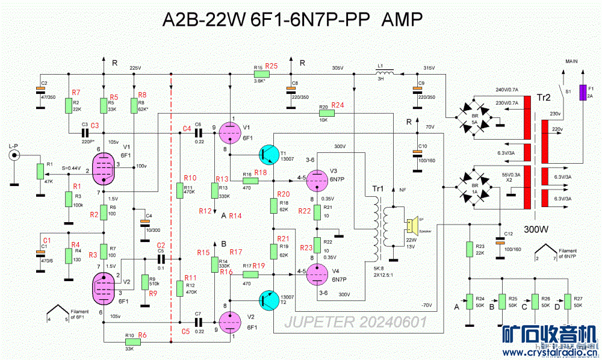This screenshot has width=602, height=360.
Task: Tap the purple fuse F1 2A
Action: pyautogui.click(x=582, y=93)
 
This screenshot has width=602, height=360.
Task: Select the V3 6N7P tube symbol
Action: pyautogui.click(x=317, y=178)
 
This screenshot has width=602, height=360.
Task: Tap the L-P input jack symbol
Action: pyautogui.click(x=13, y=156)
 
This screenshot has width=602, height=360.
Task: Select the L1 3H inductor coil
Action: pyautogui.click(x=388, y=74)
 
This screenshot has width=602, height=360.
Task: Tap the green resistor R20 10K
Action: pyautogui.click(x=326, y=113)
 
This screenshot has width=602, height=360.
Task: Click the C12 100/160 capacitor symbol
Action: pyautogui.click(x=498, y=241)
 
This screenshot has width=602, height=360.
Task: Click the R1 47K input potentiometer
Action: pyautogui.click(x=40, y=171)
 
